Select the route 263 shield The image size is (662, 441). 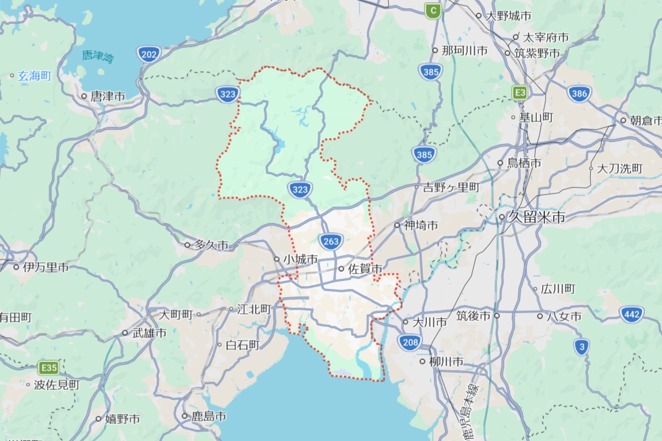(331, 241)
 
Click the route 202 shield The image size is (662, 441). (148, 54)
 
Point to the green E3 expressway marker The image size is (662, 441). (519, 92)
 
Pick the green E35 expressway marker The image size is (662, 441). (49, 367)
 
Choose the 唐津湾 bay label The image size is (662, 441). (97, 56)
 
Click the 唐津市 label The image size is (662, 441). (107, 96)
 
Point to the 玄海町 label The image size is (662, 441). (34, 76)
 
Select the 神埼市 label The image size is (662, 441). (420, 225)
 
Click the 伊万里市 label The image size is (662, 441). (45, 267)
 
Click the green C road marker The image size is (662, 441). (433, 9)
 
